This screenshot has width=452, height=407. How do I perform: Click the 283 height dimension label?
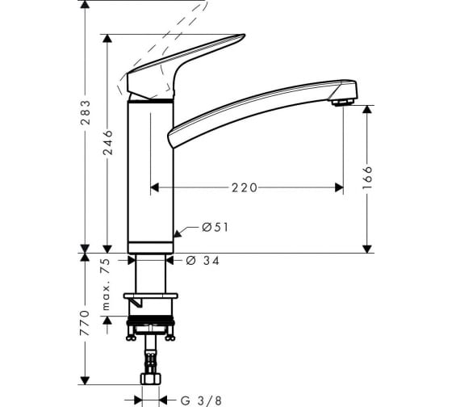coord(85,112)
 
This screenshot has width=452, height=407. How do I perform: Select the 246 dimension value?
coord(107,142)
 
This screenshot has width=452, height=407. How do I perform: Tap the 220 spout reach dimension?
coord(244,188)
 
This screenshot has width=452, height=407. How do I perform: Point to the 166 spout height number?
coord(367,178)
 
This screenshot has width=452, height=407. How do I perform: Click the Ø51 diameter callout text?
coord(215,228)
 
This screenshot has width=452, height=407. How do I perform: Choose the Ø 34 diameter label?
coord(203,261)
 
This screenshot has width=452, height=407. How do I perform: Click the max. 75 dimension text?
coord(106,284)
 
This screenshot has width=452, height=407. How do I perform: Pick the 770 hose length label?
coord(85,323)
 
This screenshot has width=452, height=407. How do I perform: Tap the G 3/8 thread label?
coord(201,401)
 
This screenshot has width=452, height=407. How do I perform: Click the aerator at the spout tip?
coord(343,102)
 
